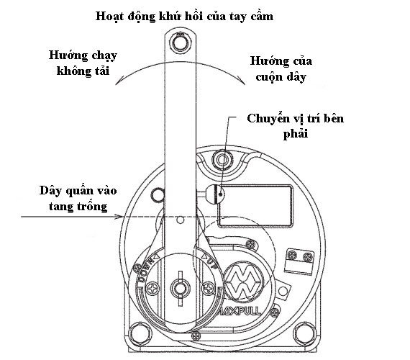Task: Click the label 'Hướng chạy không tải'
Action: (83, 64)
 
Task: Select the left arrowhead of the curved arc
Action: (119, 84)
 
